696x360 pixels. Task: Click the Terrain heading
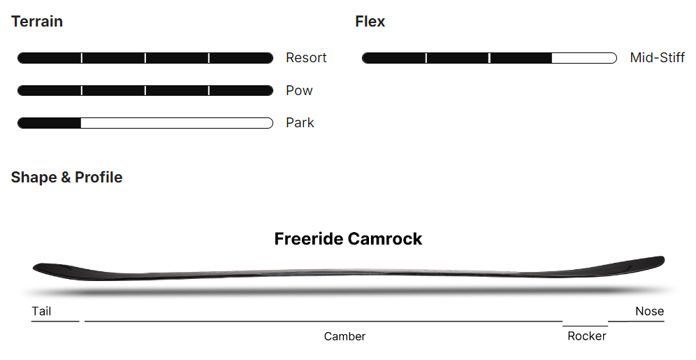tap(37, 22)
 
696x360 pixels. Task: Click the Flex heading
tap(370, 22)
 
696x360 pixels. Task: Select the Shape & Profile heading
tap(66, 178)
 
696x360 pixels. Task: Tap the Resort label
tap(306, 58)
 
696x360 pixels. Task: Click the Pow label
tap(299, 91)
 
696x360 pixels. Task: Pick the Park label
tap(300, 123)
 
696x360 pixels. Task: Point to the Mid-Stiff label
tap(657, 58)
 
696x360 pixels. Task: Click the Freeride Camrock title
tap(348, 239)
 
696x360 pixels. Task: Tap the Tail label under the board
tap(41, 312)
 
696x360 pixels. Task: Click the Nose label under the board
tap(649, 312)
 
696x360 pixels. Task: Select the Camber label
tap(345, 337)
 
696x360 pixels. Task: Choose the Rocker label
tap(586, 336)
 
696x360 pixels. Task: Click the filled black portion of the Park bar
tap(49, 123)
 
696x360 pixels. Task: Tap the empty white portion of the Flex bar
tap(583, 58)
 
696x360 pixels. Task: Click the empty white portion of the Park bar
tap(175, 123)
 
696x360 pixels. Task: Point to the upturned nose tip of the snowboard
tap(657, 261)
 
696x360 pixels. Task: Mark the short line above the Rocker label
tap(585, 326)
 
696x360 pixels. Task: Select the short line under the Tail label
tap(55, 322)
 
